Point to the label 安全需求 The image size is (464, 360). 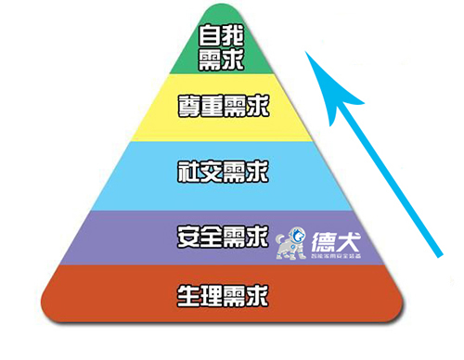pyautogui.click(x=223, y=238)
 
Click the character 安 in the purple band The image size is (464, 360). pyautogui.click(x=187, y=238)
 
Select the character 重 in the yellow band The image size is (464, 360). pyautogui.click(x=211, y=106)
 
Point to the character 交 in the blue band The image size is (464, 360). pyautogui.click(x=211, y=172)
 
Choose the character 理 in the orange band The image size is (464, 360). pyautogui.click(x=211, y=298)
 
